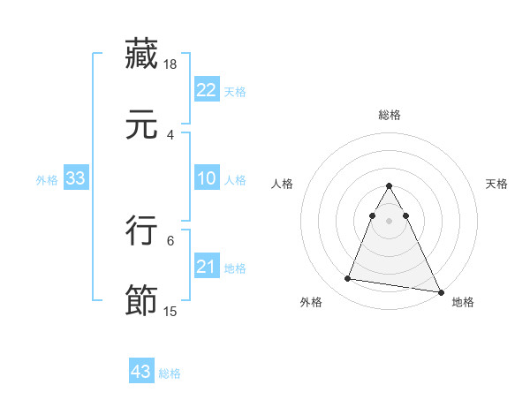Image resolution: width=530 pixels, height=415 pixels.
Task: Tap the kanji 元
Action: [141, 125]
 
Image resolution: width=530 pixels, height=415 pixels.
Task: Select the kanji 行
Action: [141, 230]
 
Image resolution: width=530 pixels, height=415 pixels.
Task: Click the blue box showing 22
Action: [206, 90]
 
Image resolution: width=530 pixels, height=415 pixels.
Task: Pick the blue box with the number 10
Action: [206, 179]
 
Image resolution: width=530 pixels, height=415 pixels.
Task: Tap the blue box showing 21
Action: [206, 268]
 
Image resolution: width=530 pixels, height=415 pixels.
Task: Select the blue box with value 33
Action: [76, 179]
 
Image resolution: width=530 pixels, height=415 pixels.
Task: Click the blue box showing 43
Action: [141, 372]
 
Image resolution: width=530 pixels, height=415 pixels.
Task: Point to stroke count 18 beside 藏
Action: [171, 64]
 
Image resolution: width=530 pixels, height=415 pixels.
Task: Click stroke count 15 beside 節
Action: [171, 312]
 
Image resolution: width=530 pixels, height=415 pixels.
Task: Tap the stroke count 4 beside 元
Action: [170, 135]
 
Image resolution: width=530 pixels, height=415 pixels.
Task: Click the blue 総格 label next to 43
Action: [170, 373]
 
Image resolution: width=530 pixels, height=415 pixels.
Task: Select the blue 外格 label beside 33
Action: [47, 180]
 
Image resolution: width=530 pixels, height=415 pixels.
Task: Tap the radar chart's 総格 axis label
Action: [390, 115]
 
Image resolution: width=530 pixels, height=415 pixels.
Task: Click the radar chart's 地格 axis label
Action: [463, 302]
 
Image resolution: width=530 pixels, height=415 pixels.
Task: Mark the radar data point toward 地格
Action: [441, 292]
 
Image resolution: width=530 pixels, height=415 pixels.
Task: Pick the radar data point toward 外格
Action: [348, 279]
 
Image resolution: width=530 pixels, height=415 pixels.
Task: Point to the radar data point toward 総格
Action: [390, 186]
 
